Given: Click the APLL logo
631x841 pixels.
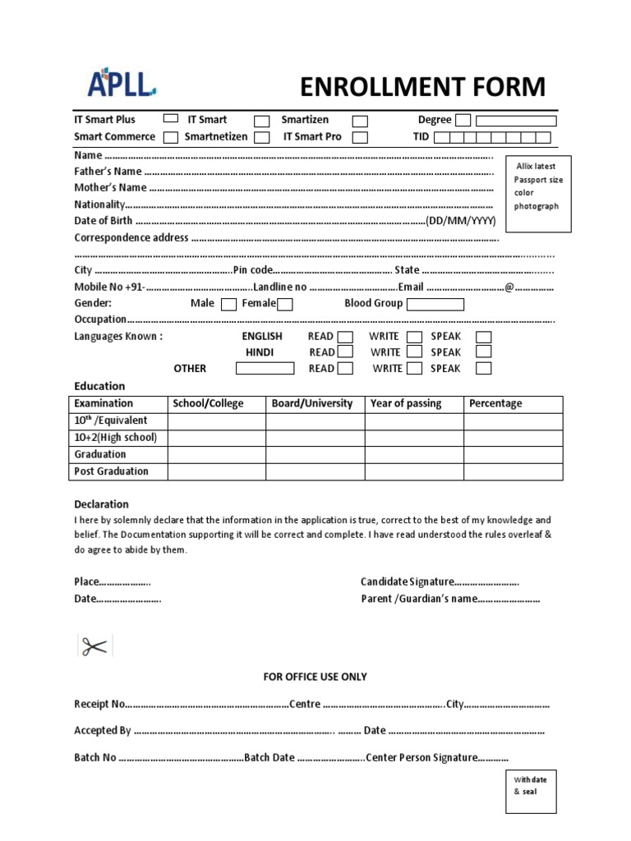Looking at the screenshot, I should [122, 84].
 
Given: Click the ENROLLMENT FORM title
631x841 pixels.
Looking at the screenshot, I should [422, 86].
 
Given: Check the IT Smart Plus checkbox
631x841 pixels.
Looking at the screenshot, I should [171, 119].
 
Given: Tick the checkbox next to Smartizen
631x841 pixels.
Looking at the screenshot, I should [360, 120].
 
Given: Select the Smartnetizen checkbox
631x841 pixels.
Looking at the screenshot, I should [261, 137].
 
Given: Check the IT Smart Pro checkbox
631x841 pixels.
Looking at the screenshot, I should [360, 137].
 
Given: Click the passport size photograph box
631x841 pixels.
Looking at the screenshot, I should [537, 186].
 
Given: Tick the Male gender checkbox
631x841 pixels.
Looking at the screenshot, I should [228, 304].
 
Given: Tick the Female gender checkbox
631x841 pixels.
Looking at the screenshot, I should [284, 304].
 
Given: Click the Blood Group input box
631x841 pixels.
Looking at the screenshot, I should [435, 304].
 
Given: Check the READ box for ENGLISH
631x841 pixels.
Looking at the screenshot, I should [346, 337].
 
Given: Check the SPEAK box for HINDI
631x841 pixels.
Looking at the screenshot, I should [484, 352].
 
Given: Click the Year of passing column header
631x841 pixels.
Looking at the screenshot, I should [406, 403].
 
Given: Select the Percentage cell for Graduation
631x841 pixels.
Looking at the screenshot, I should [513, 454].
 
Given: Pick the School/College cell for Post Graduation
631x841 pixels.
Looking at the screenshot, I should [216, 471].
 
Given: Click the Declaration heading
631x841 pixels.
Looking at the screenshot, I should [101, 504].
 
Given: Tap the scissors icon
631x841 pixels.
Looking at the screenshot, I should [93, 646].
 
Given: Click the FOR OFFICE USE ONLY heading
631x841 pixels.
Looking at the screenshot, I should [315, 677].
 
